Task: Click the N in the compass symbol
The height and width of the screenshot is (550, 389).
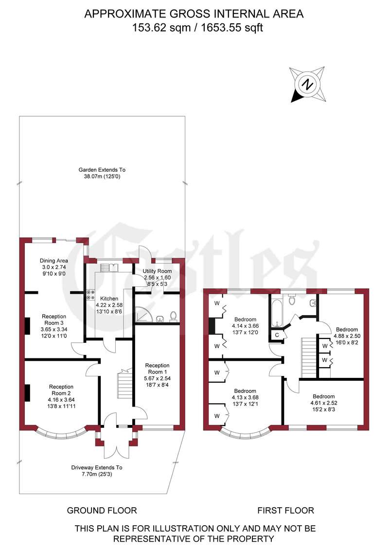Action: [x=308, y=85]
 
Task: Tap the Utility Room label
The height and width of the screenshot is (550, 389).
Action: [x=157, y=271]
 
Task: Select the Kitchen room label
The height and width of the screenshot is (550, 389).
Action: [x=109, y=299]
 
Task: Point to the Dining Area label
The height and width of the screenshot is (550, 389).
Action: [x=53, y=261]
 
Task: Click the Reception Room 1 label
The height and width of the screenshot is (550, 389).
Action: [x=157, y=369]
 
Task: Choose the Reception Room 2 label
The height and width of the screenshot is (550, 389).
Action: [x=61, y=390]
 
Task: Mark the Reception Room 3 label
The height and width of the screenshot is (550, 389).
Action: [x=53, y=319]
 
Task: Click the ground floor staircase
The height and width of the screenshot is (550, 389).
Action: [x=124, y=388]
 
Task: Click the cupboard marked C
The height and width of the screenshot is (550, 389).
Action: [x=277, y=335]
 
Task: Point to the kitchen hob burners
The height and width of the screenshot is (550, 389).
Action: [x=90, y=295]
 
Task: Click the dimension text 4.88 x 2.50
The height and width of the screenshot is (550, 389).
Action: [x=347, y=336]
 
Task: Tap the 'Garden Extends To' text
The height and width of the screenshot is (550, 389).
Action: [x=102, y=170]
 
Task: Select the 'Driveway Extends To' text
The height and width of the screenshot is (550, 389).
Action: [x=97, y=467]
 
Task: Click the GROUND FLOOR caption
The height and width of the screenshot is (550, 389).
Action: [x=102, y=510]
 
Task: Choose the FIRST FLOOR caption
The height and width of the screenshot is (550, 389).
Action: [x=286, y=510]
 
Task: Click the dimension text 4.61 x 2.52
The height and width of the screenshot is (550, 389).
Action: [x=324, y=403]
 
